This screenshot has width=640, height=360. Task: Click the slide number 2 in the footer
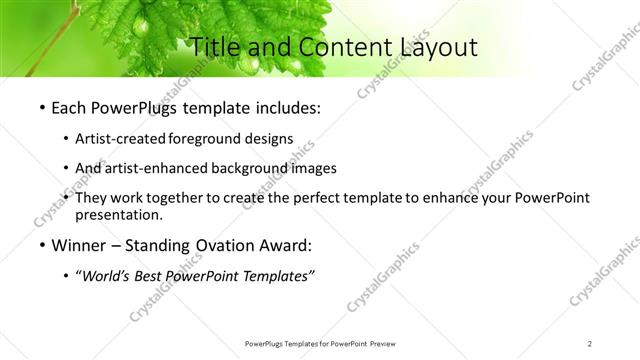click(590, 343)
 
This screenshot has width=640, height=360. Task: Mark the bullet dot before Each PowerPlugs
click(42, 108)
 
